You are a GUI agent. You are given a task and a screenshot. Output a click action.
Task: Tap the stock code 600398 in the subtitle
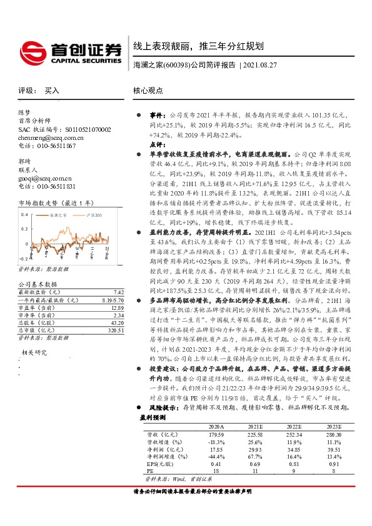point(173,64)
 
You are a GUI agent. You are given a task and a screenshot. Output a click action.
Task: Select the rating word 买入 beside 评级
point(52,91)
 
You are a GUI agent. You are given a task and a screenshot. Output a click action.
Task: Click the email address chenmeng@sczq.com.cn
point(51,137)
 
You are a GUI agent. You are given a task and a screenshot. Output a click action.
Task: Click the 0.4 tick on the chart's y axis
point(24,214)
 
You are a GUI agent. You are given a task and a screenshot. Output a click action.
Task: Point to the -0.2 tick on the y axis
point(23,257)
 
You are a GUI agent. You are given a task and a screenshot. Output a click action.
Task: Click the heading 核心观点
point(148,91)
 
